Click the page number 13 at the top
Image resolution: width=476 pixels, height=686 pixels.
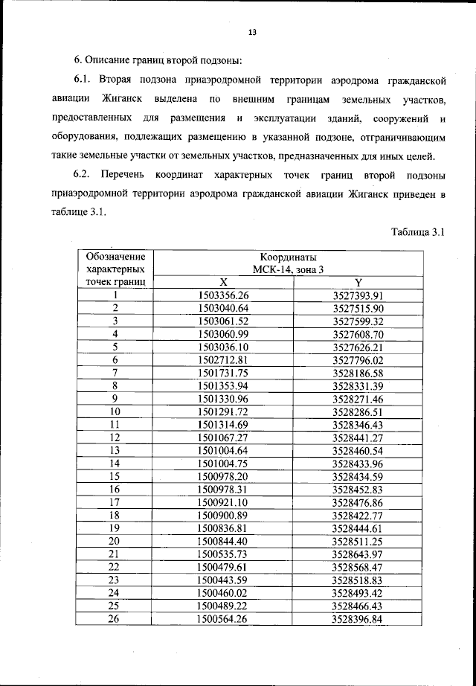(x=252, y=32)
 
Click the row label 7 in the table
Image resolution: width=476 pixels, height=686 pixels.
(x=115, y=372)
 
